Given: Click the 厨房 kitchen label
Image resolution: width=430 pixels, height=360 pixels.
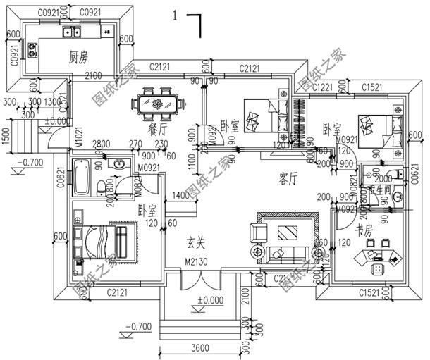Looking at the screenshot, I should (x=78, y=56).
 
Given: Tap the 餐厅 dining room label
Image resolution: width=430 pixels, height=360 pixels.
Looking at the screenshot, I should (x=159, y=130).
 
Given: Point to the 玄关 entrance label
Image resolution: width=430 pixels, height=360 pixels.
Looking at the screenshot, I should (x=195, y=244).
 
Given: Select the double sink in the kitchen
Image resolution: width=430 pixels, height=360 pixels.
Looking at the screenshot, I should (x=71, y=32).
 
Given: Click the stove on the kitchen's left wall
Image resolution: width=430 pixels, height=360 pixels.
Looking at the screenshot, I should (x=32, y=49).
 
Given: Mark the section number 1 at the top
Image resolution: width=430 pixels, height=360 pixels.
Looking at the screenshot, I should (x=174, y=16).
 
